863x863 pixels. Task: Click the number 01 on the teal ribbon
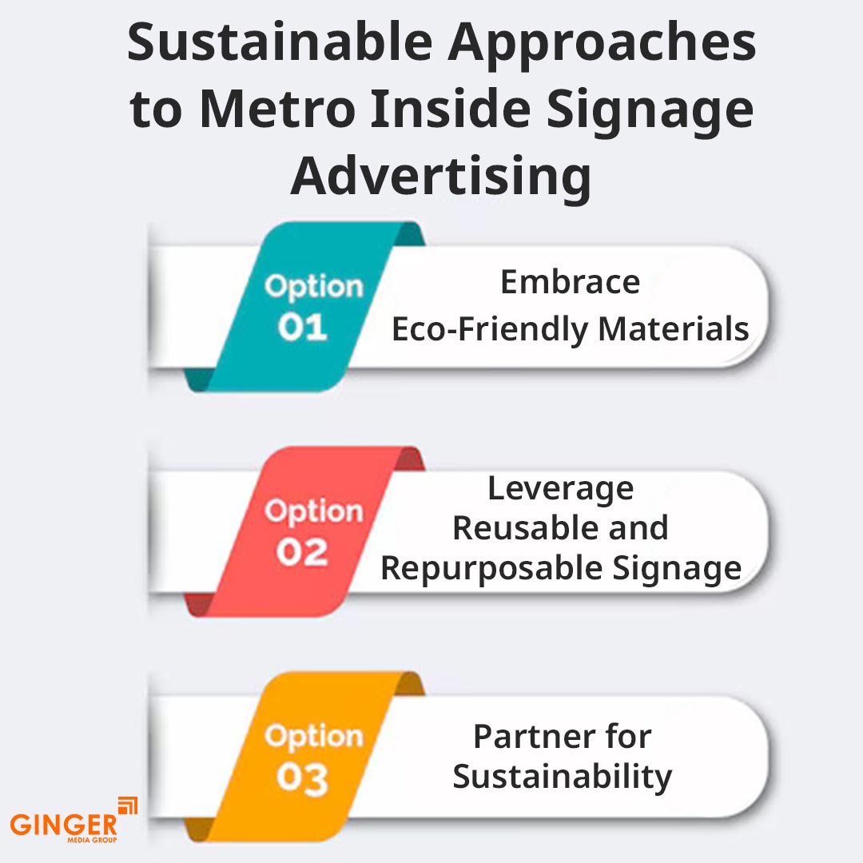(x=302, y=328)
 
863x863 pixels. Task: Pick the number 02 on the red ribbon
(x=302, y=552)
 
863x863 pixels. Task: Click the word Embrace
(x=570, y=282)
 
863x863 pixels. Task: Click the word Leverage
(x=560, y=488)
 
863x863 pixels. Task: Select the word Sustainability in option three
(x=562, y=777)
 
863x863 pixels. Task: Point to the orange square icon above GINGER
(x=127, y=806)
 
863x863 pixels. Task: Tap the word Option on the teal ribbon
(x=313, y=286)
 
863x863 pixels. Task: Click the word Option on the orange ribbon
(x=313, y=736)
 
